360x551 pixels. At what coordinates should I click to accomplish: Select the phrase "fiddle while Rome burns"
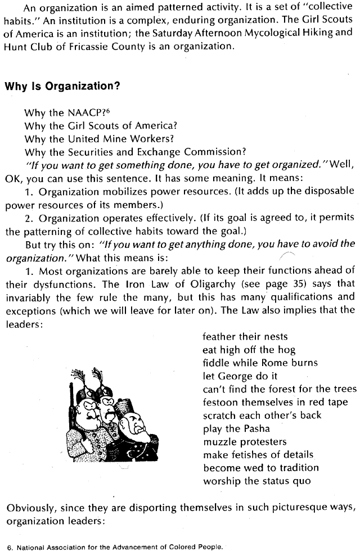[x=260, y=363]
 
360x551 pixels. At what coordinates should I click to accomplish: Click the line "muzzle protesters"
[x=245, y=441]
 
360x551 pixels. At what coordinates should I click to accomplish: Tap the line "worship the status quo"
[x=256, y=481]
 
